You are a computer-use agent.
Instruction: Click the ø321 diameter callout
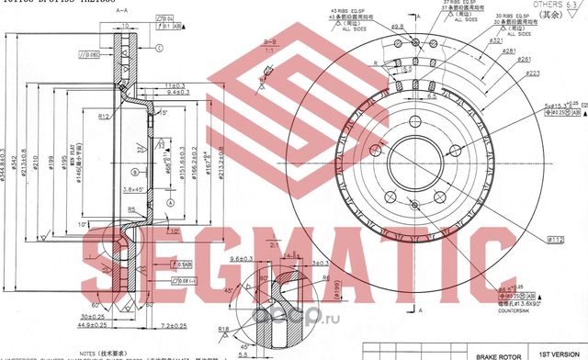tap(496, 41)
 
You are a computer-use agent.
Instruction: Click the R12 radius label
tap(106, 116)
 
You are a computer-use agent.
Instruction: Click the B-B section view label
tap(270, 41)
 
